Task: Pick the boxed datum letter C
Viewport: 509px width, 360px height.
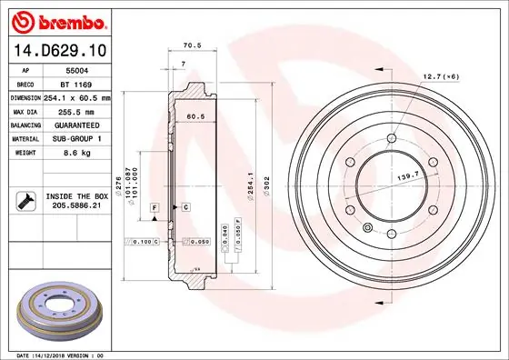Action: (185, 208)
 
